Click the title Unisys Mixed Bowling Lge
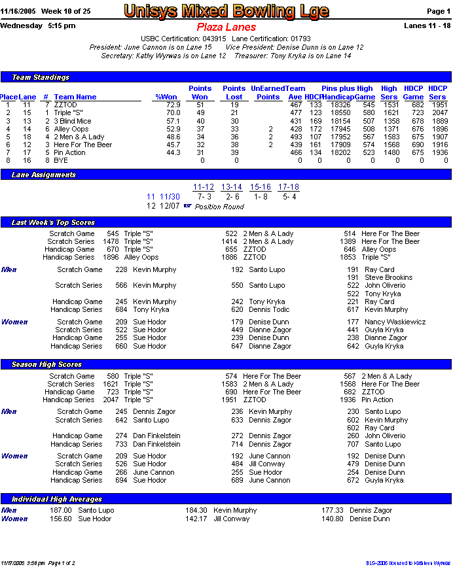(x=226, y=11)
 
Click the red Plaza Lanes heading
(x=226, y=27)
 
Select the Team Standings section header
(x=41, y=77)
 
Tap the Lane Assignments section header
(x=45, y=175)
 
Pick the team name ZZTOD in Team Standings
(x=65, y=105)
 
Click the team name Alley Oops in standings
(x=71, y=129)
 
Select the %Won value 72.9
(x=173, y=105)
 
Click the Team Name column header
(x=75, y=97)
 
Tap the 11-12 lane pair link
(x=204, y=187)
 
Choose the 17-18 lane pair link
(x=288, y=187)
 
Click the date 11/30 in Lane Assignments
(x=170, y=197)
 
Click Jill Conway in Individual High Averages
(x=232, y=519)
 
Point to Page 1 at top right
(x=438, y=11)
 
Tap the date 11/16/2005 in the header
(x=18, y=11)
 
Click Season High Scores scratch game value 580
(x=113, y=376)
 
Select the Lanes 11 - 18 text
(x=427, y=26)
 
